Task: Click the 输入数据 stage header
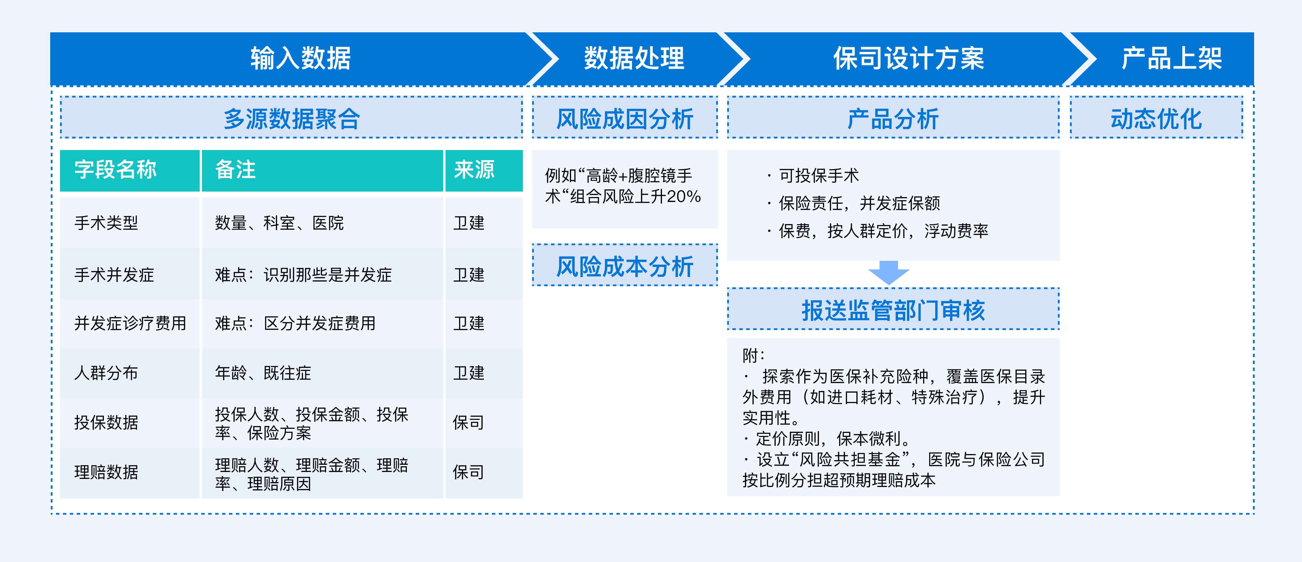click(301, 58)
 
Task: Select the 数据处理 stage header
click(634, 58)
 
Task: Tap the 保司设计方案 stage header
click(908, 58)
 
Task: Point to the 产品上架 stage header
click(1171, 58)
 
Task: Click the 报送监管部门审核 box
click(893, 309)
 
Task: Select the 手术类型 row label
click(106, 223)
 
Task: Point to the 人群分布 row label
click(106, 373)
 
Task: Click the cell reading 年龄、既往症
click(263, 373)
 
